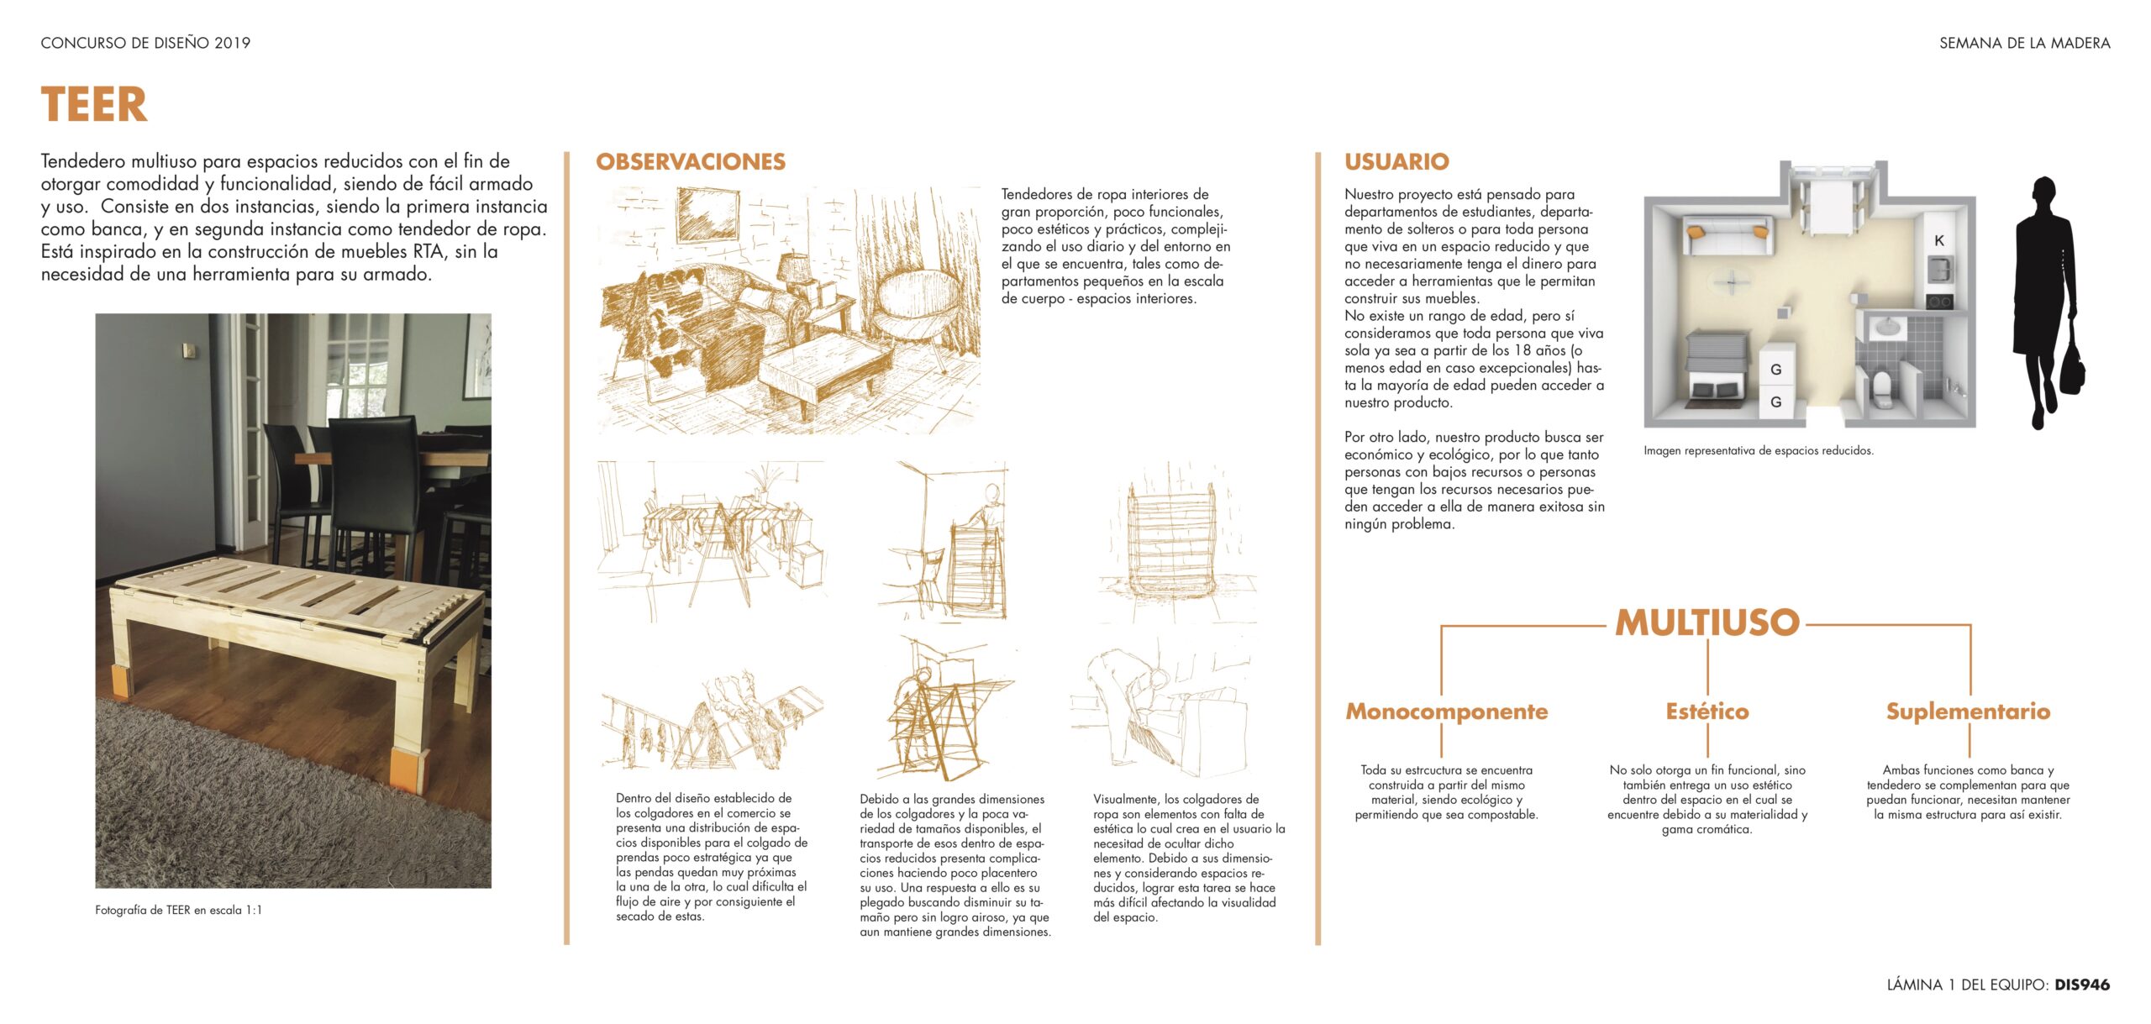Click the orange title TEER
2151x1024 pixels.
click(x=94, y=105)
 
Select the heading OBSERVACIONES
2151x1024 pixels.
click(x=690, y=161)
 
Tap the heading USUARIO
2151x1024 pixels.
click(x=1396, y=161)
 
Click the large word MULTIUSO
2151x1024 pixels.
click(x=1707, y=622)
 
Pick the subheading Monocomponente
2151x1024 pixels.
click(x=1446, y=712)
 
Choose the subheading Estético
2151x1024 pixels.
click(x=1707, y=712)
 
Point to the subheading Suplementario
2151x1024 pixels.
click(x=1968, y=712)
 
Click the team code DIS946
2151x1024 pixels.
click(x=2082, y=985)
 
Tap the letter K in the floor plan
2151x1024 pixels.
click(x=1939, y=240)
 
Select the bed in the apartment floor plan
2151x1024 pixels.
click(x=1716, y=367)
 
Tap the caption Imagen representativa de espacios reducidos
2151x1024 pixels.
click(x=1758, y=451)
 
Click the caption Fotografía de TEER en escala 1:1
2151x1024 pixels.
click(x=178, y=910)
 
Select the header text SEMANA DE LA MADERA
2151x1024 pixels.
click(x=2024, y=43)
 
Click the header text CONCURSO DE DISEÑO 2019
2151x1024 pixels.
click(x=145, y=43)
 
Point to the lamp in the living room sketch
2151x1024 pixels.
click(x=793, y=270)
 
